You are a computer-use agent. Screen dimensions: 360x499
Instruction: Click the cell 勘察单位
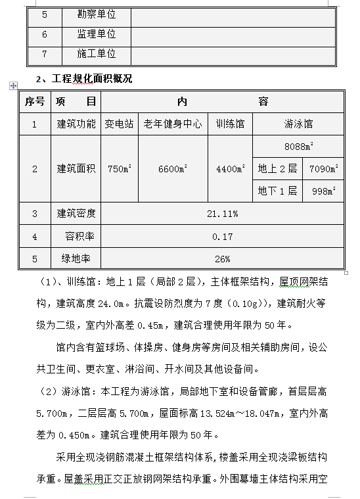tap(97, 14)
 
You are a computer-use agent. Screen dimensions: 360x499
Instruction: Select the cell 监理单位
tap(97, 34)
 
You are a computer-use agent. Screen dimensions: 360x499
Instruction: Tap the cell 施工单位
tap(97, 54)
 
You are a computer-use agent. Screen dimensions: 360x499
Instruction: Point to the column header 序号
tap(35, 102)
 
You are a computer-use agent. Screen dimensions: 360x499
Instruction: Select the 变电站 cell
tap(120, 124)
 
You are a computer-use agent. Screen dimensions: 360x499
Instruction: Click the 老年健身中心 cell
tap(173, 124)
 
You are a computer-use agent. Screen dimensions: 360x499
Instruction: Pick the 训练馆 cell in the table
tap(230, 124)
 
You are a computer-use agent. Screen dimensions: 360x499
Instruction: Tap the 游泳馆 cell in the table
tap(298, 124)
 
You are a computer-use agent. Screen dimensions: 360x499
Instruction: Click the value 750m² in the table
tap(120, 169)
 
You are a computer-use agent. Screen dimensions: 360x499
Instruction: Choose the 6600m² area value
tap(173, 169)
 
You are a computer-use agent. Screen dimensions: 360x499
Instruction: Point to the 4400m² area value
tap(230, 169)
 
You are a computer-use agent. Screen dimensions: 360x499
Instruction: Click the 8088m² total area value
tap(298, 146)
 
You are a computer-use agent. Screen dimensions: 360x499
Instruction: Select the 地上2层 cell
tap(277, 168)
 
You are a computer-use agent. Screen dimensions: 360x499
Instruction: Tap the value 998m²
tap(323, 191)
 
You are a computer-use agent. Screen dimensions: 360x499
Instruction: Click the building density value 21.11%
tap(222, 214)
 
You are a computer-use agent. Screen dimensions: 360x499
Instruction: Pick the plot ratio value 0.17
tap(222, 236)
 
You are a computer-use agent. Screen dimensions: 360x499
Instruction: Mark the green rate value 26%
tap(222, 258)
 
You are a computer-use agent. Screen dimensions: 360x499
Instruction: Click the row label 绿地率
tap(76, 258)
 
